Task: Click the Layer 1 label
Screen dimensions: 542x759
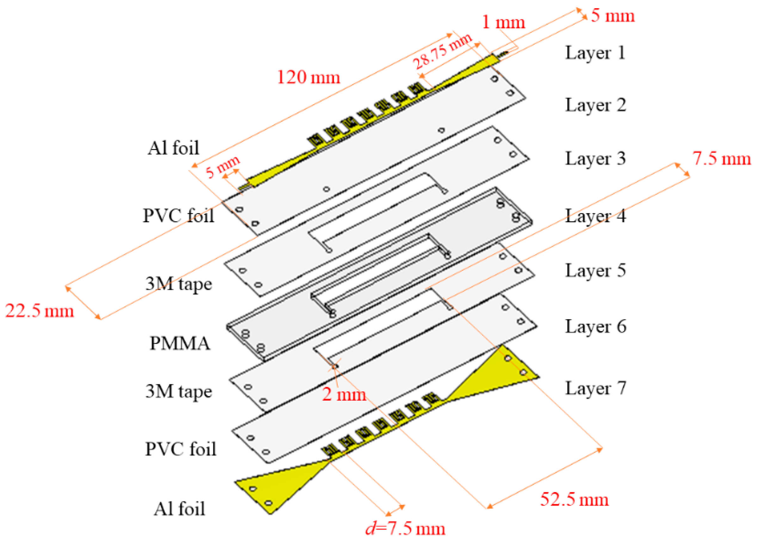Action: pyautogui.click(x=595, y=53)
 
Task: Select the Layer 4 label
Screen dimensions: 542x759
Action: pyautogui.click(x=595, y=216)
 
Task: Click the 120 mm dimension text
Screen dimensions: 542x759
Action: pyautogui.click(x=308, y=77)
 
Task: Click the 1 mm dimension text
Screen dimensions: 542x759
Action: pyautogui.click(x=503, y=23)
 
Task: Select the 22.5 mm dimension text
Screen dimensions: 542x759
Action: pyautogui.click(x=40, y=311)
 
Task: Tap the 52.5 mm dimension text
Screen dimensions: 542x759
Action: pyautogui.click(x=574, y=500)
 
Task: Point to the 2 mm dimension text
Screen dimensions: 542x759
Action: pyautogui.click(x=344, y=395)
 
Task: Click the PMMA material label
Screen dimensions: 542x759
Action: pyautogui.click(x=180, y=343)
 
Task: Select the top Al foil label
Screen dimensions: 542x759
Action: pyautogui.click(x=173, y=148)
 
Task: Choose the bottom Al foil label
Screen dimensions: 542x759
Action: pyautogui.click(x=179, y=509)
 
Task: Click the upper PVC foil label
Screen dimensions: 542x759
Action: pyautogui.click(x=179, y=216)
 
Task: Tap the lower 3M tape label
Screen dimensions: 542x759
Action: pyautogui.click(x=179, y=391)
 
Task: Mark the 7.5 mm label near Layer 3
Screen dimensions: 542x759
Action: pyautogui.click(x=721, y=158)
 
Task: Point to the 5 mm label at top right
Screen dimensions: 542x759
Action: pyautogui.click(x=613, y=16)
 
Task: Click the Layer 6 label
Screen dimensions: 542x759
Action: pyautogui.click(x=595, y=326)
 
